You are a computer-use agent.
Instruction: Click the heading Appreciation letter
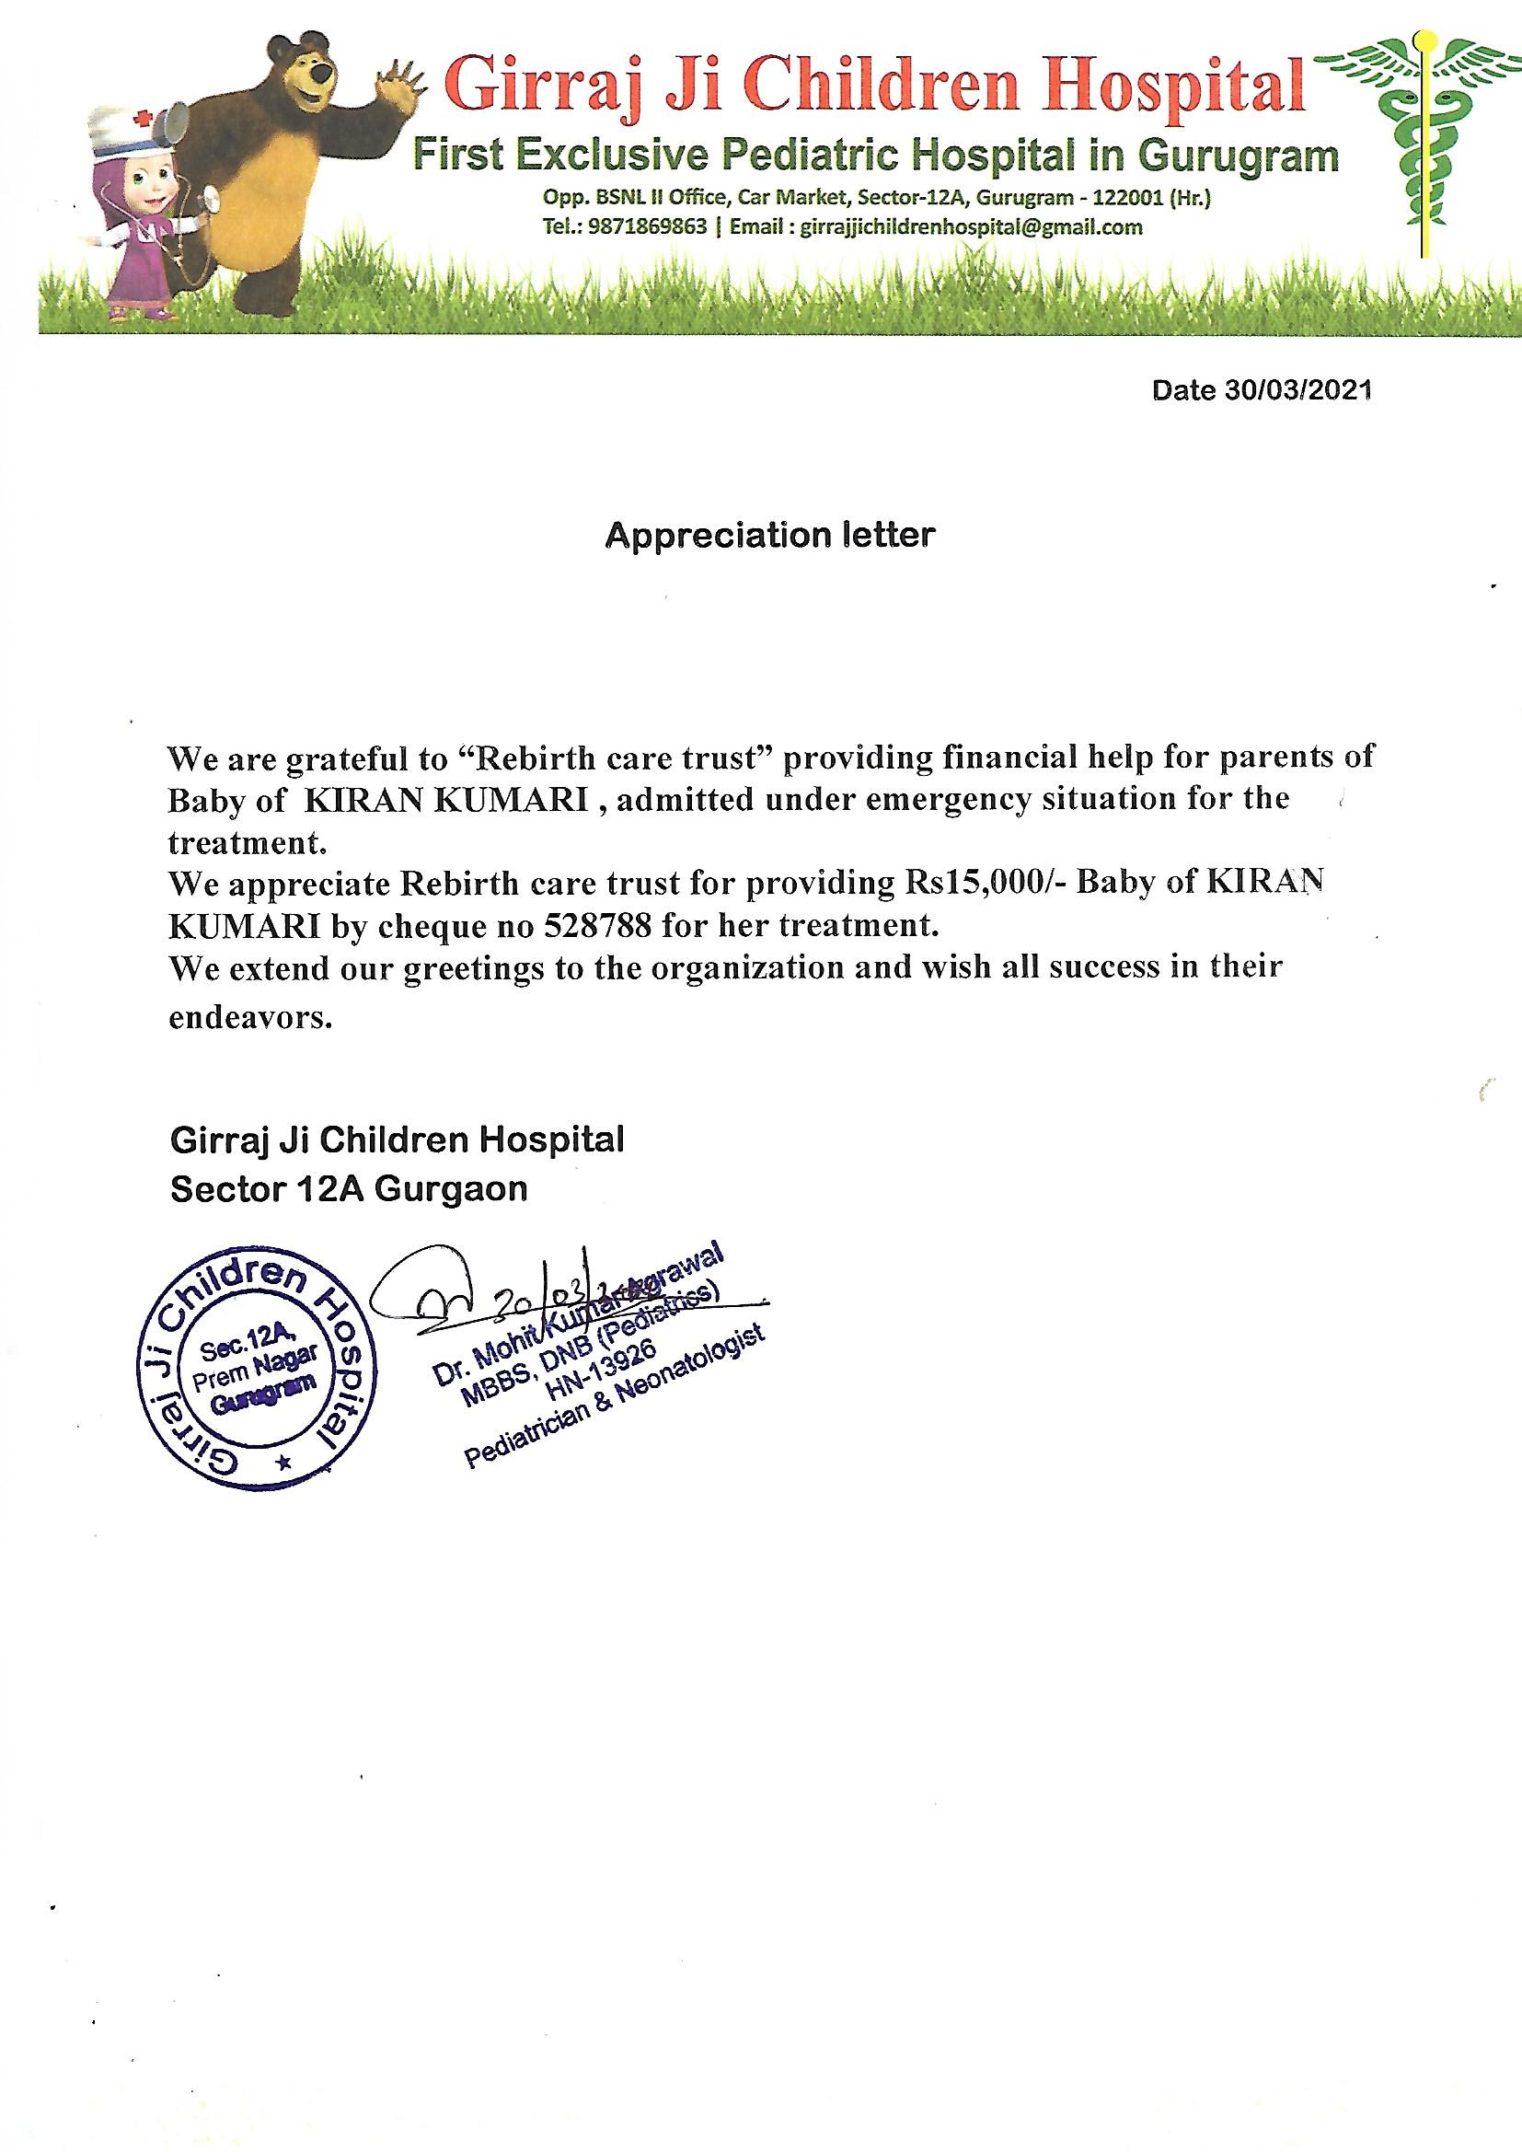coord(769,535)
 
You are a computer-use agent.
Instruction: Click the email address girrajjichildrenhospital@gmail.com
coord(971,226)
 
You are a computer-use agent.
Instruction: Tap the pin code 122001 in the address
coord(1119,199)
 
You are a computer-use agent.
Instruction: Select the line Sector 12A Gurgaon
coord(349,1189)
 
